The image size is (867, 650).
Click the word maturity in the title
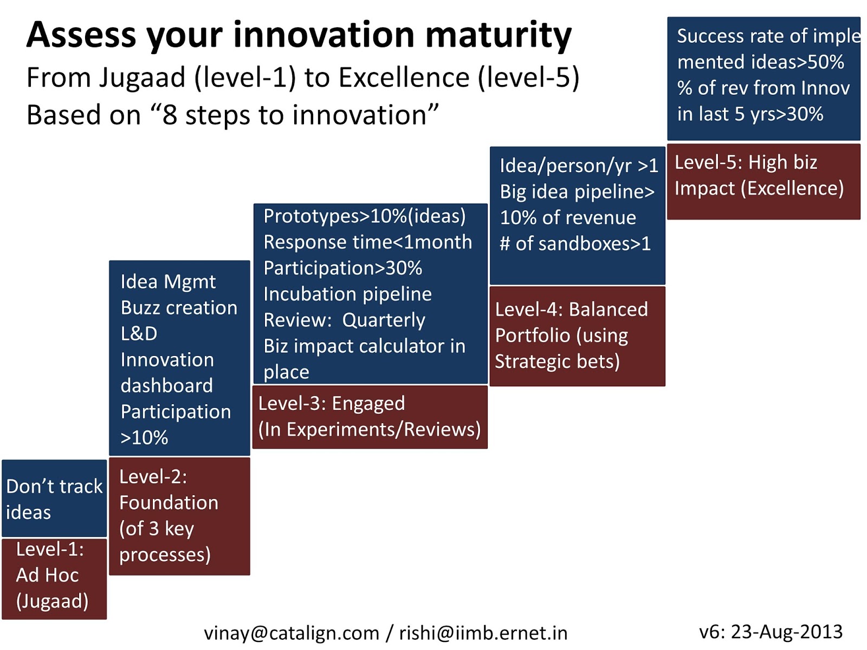pyautogui.click(x=497, y=35)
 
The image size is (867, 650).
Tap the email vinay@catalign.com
pyautogui.click(x=291, y=633)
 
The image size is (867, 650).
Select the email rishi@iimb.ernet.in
pyautogui.click(x=483, y=633)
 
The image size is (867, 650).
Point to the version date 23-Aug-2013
pyautogui.click(x=786, y=632)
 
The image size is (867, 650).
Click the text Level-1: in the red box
pyautogui.click(x=50, y=549)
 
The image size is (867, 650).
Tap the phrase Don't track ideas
pyautogui.click(x=54, y=499)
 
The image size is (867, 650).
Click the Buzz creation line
pyautogui.click(x=179, y=308)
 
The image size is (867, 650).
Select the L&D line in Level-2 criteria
pyautogui.click(x=139, y=334)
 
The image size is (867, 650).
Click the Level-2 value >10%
pyautogui.click(x=144, y=438)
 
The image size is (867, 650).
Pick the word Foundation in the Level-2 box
pyautogui.click(x=169, y=503)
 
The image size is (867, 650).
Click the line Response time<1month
pyautogui.click(x=367, y=242)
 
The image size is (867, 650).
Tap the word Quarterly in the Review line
pyautogui.click(x=384, y=320)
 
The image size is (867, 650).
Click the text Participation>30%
pyautogui.click(x=342, y=268)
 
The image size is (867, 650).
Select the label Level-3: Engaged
pyautogui.click(x=331, y=404)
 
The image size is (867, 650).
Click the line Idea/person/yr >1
pyautogui.click(x=578, y=166)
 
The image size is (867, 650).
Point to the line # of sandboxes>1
pyautogui.click(x=574, y=244)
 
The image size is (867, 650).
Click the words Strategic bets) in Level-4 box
pyautogui.click(x=557, y=361)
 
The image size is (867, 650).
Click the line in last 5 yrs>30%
pyautogui.click(x=750, y=114)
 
